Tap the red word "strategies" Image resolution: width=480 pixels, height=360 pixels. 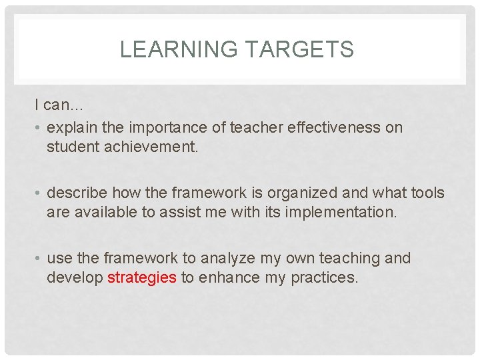click(x=142, y=277)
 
